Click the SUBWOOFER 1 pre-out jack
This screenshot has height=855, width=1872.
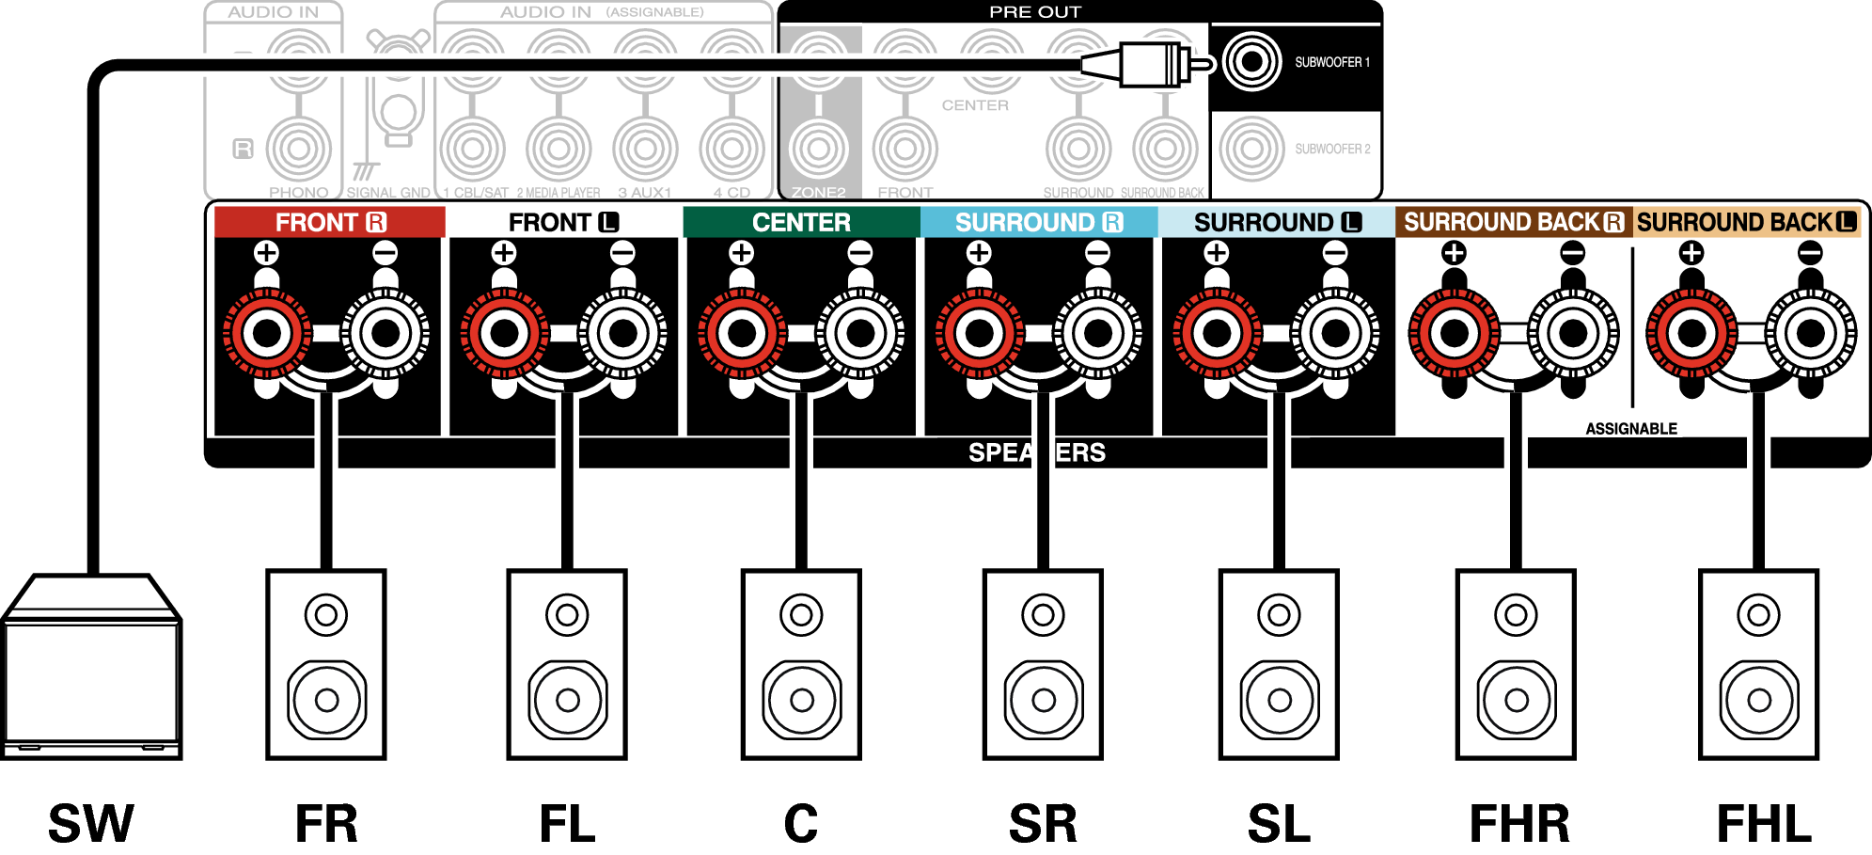1251,62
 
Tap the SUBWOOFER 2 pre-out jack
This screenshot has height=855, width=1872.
1251,149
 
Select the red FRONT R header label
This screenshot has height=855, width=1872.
329,223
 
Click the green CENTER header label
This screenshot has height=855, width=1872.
801,223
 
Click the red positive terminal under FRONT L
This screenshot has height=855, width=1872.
505,332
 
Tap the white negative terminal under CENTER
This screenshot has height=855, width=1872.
860,332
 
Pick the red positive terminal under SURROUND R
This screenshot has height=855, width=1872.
980,332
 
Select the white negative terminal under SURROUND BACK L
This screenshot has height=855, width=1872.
1811,332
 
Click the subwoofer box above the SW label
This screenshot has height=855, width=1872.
91,668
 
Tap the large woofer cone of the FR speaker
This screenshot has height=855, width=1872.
326,700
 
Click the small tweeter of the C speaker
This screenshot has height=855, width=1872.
801,615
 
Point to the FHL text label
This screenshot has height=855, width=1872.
1764,824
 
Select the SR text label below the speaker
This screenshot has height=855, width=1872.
1043,824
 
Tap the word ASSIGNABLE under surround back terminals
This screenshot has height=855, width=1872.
1631,429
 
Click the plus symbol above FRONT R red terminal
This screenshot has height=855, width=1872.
267,252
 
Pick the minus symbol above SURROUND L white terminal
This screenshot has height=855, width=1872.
1335,252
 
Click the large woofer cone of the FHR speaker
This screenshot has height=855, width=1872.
1516,700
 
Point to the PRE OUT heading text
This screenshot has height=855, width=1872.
1035,12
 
